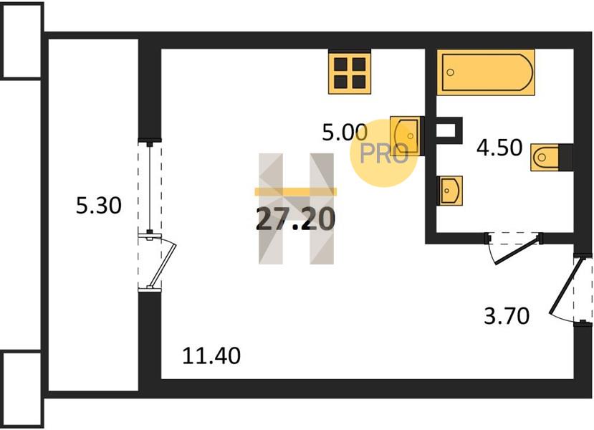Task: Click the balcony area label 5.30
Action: [x=99, y=206]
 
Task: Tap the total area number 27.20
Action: [x=295, y=220]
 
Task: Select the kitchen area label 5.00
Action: [x=345, y=133]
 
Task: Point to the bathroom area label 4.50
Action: [x=499, y=148]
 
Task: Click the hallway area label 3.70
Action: [x=507, y=316]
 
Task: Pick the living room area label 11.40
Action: [x=211, y=355]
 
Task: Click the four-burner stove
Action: [x=350, y=72]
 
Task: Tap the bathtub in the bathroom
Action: [x=486, y=72]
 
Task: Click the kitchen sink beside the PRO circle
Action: [x=405, y=135]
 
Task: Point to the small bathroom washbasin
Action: [x=450, y=191]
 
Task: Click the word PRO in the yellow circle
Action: [x=384, y=153]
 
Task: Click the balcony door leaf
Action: [x=161, y=262]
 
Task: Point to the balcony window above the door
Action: [x=150, y=187]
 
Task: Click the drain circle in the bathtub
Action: [x=451, y=72]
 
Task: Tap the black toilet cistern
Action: [x=565, y=157]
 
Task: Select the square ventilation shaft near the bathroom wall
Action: [x=449, y=130]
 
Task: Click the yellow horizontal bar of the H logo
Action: [x=295, y=191]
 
